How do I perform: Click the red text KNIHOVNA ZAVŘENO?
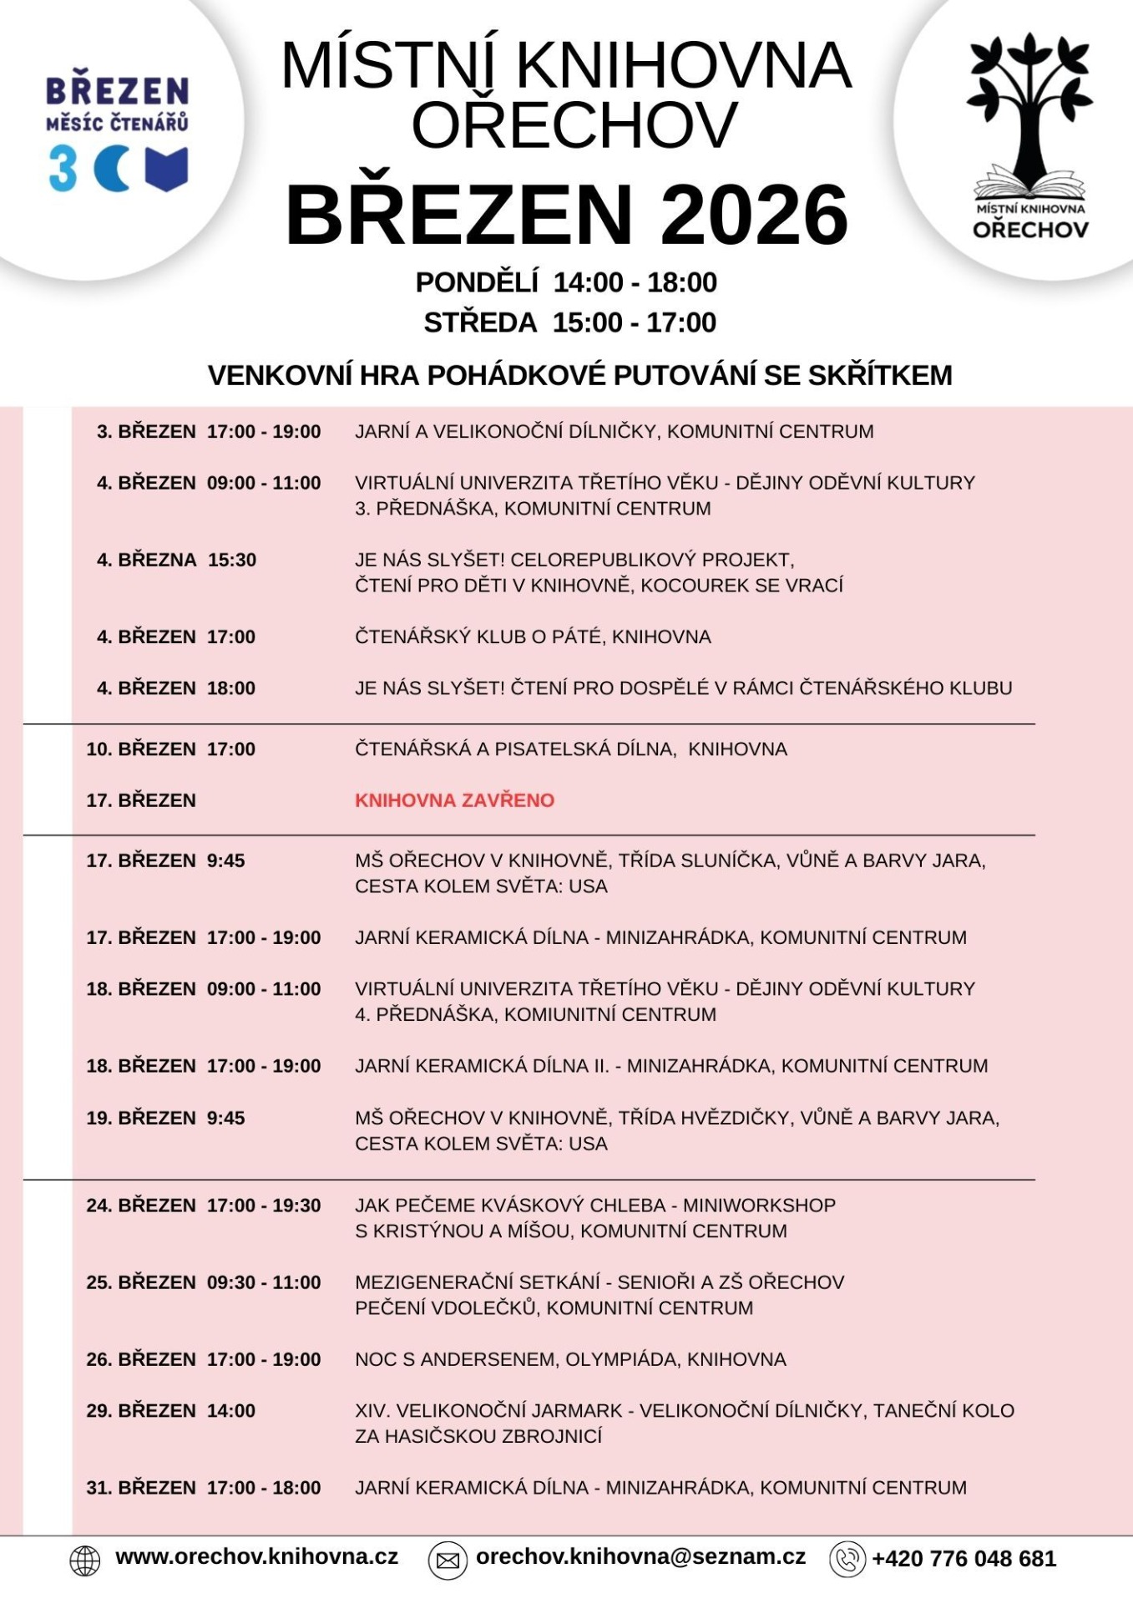[x=454, y=800]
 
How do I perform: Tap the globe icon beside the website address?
[x=84, y=1560]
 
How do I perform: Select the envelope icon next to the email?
[x=448, y=1560]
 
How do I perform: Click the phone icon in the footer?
[x=847, y=1560]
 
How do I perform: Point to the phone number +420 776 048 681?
[x=964, y=1559]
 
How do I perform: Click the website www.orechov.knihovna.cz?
[x=256, y=1557]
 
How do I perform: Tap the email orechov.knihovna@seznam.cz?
[x=640, y=1557]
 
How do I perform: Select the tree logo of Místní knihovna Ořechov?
[x=1029, y=109]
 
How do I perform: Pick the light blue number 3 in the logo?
[x=63, y=169]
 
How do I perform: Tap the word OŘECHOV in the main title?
[x=574, y=125]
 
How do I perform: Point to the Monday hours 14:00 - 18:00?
[x=635, y=283]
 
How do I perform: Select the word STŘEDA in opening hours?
[x=480, y=323]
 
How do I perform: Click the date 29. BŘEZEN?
[x=140, y=1411]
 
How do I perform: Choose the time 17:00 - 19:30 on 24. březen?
[x=264, y=1206]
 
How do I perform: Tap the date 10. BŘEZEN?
[x=140, y=749]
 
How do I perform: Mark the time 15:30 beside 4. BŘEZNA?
[x=232, y=560]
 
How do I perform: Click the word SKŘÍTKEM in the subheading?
[x=880, y=376]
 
